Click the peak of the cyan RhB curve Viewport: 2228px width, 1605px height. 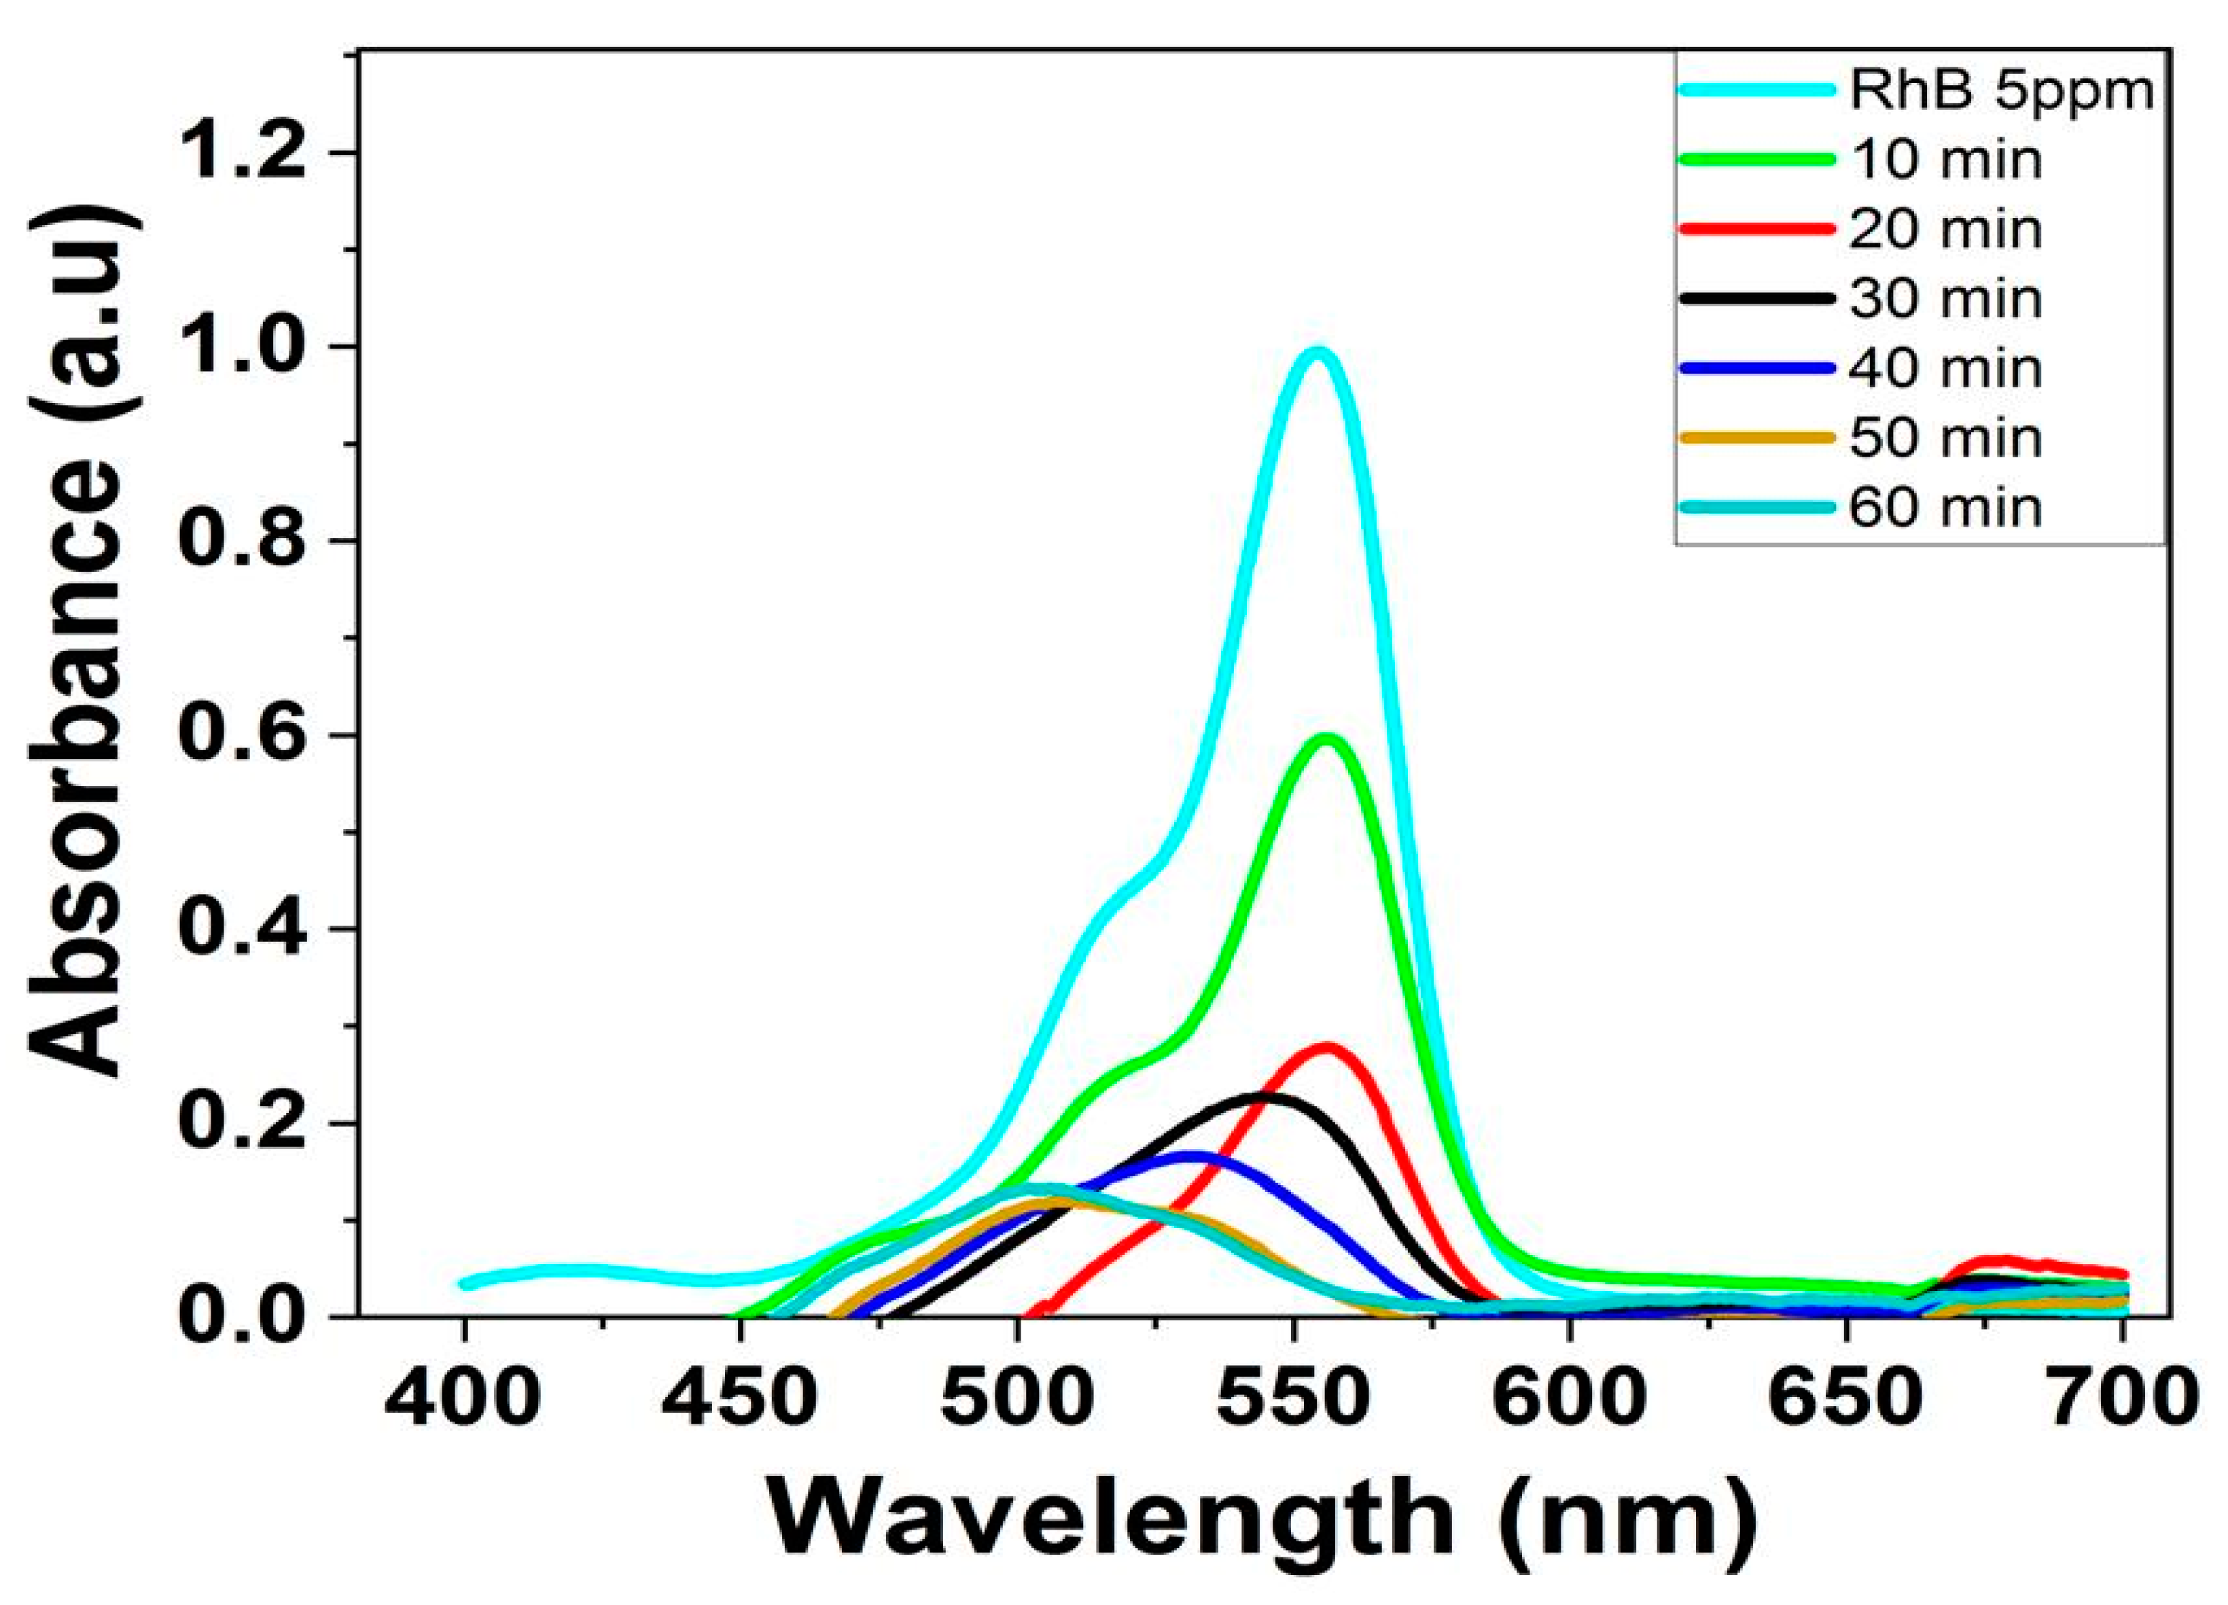coord(1318,353)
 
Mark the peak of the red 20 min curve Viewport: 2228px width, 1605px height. coord(1326,1048)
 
